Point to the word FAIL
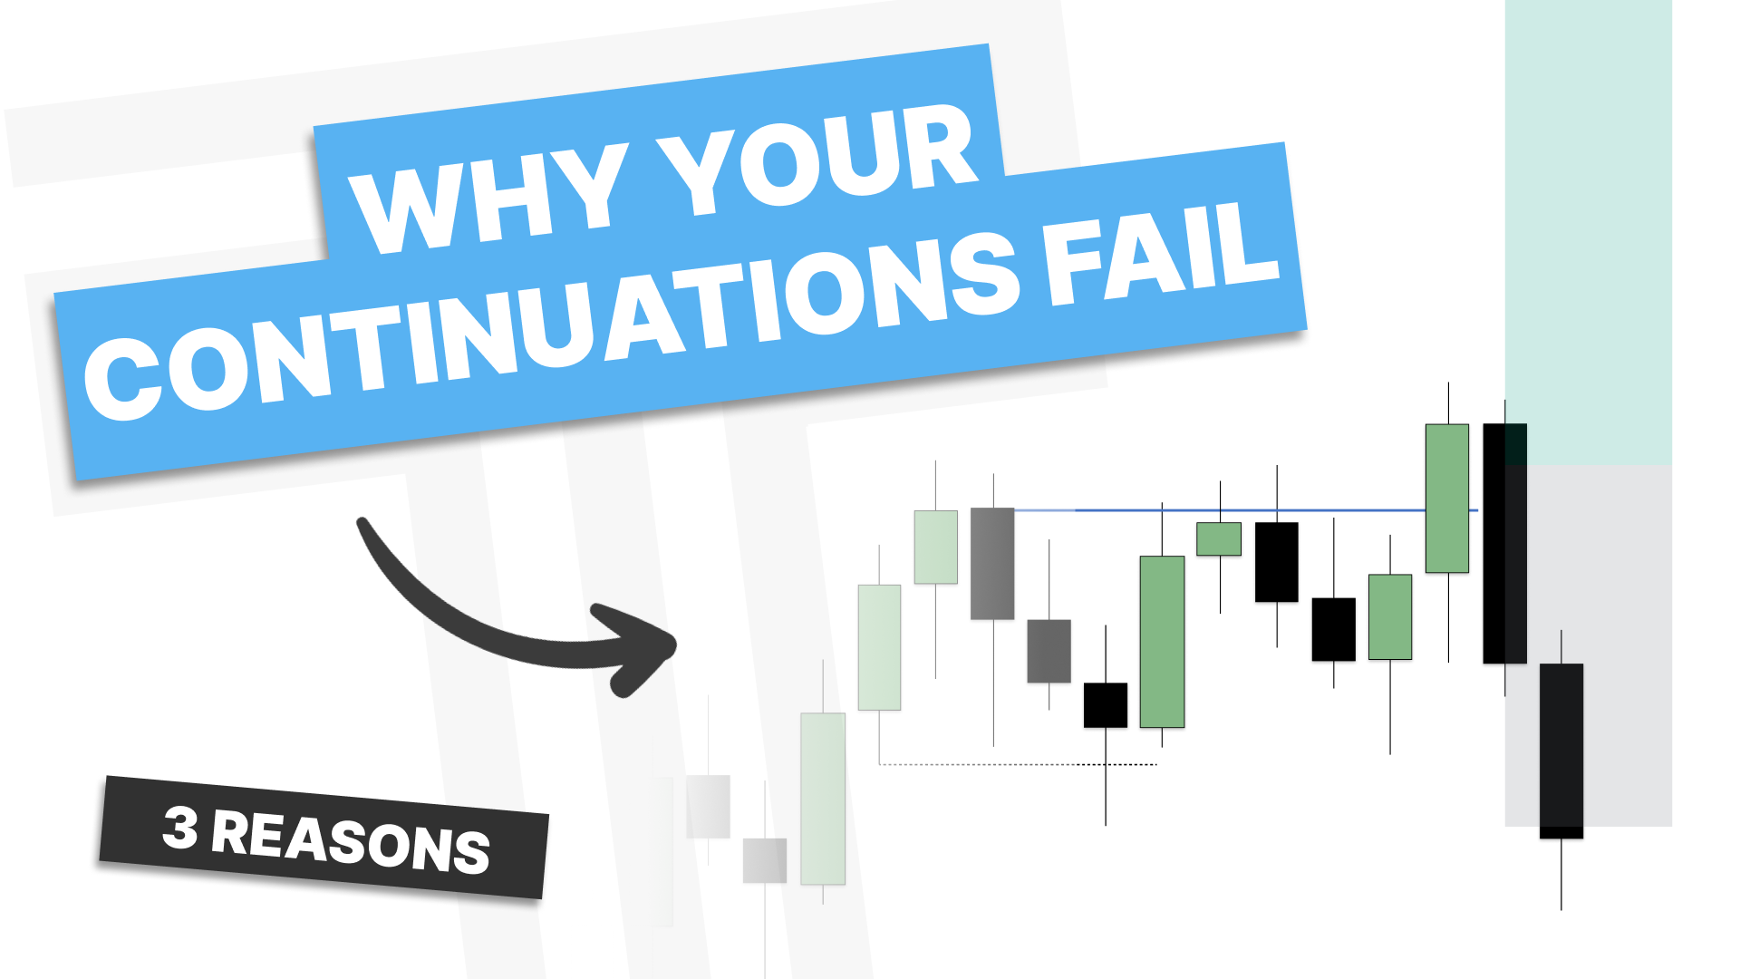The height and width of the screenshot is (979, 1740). (x=1163, y=249)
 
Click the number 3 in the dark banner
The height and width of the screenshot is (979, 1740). (x=180, y=828)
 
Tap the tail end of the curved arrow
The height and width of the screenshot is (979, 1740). (x=363, y=523)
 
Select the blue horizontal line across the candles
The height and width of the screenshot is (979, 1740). (x=1246, y=510)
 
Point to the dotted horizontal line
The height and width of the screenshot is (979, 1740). (x=1019, y=764)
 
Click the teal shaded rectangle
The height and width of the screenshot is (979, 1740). (x=1588, y=232)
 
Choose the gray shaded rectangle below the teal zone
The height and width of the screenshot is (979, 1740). (x=1588, y=646)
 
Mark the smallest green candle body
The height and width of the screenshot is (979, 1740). (x=1219, y=538)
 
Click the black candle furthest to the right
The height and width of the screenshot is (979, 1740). (x=1561, y=751)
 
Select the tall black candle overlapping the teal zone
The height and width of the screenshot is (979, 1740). (x=1504, y=543)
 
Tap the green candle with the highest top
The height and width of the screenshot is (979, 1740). (x=1447, y=498)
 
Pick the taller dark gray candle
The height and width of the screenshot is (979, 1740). (x=992, y=563)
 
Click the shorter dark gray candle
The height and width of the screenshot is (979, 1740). (x=1049, y=651)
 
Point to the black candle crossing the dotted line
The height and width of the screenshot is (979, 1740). (x=1106, y=704)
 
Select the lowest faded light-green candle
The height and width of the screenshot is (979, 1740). (x=823, y=798)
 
